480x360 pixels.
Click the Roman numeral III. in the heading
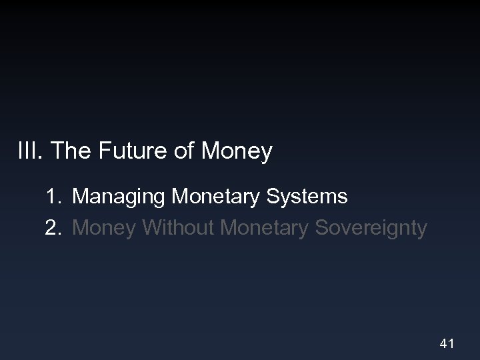30,152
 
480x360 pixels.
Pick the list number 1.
53,197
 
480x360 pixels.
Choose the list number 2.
53,228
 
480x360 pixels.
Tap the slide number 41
447,344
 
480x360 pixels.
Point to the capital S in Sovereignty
322,228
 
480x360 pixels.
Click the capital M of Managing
81,197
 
